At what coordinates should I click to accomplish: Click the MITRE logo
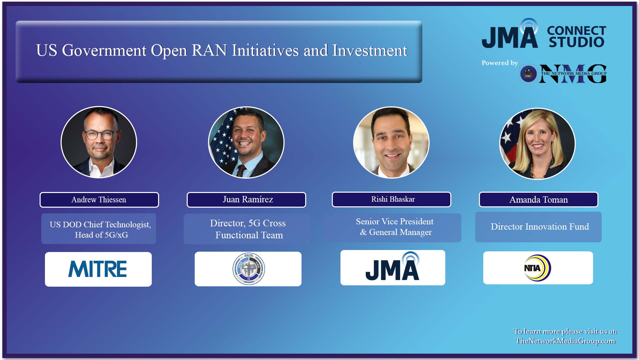point(98,269)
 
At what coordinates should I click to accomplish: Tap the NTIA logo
point(537,268)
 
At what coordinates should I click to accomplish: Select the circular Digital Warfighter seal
point(249,269)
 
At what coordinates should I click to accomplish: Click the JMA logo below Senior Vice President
point(393,267)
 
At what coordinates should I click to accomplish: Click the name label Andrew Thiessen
point(99,200)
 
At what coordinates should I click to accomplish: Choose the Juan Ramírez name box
point(248,199)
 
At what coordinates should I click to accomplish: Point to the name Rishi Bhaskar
point(393,199)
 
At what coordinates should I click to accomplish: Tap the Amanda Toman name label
point(538,200)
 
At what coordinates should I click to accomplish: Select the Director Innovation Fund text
point(539,227)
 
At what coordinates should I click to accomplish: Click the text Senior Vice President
point(394,222)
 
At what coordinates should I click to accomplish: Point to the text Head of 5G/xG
point(101,235)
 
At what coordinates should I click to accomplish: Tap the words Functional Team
point(249,235)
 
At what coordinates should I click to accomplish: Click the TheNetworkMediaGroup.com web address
point(565,341)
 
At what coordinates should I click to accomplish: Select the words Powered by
point(500,63)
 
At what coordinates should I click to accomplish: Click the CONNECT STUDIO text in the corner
point(576,36)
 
